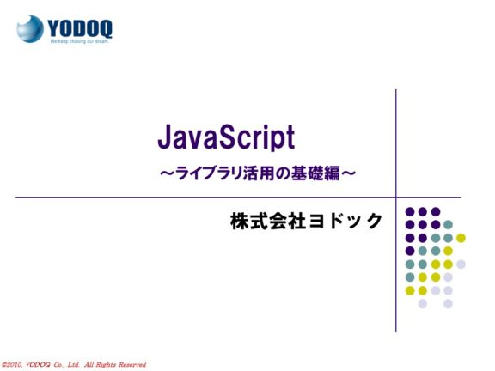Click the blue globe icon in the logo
pos(30,28)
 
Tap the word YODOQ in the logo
pos(80,28)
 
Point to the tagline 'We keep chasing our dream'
pos(80,41)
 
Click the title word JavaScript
pos(226,137)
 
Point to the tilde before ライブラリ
pos(168,173)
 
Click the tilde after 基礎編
pos(349,173)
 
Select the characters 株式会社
pos(268,221)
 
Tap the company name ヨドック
pos(345,221)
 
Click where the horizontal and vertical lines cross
pos(396,198)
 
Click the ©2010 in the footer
pos(12,365)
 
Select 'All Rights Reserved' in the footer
pos(115,365)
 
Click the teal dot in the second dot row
pos(448,225)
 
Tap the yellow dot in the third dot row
pos(461,238)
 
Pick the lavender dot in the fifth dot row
pos(461,265)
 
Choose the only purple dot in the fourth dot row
pos(410,251)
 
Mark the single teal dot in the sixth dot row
pos(410,277)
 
